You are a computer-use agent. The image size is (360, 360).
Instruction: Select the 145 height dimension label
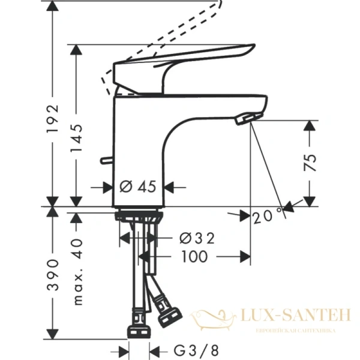tap(76, 142)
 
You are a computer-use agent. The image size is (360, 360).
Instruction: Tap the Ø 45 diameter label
tap(137, 187)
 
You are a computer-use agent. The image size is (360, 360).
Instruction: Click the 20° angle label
tap(268, 215)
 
